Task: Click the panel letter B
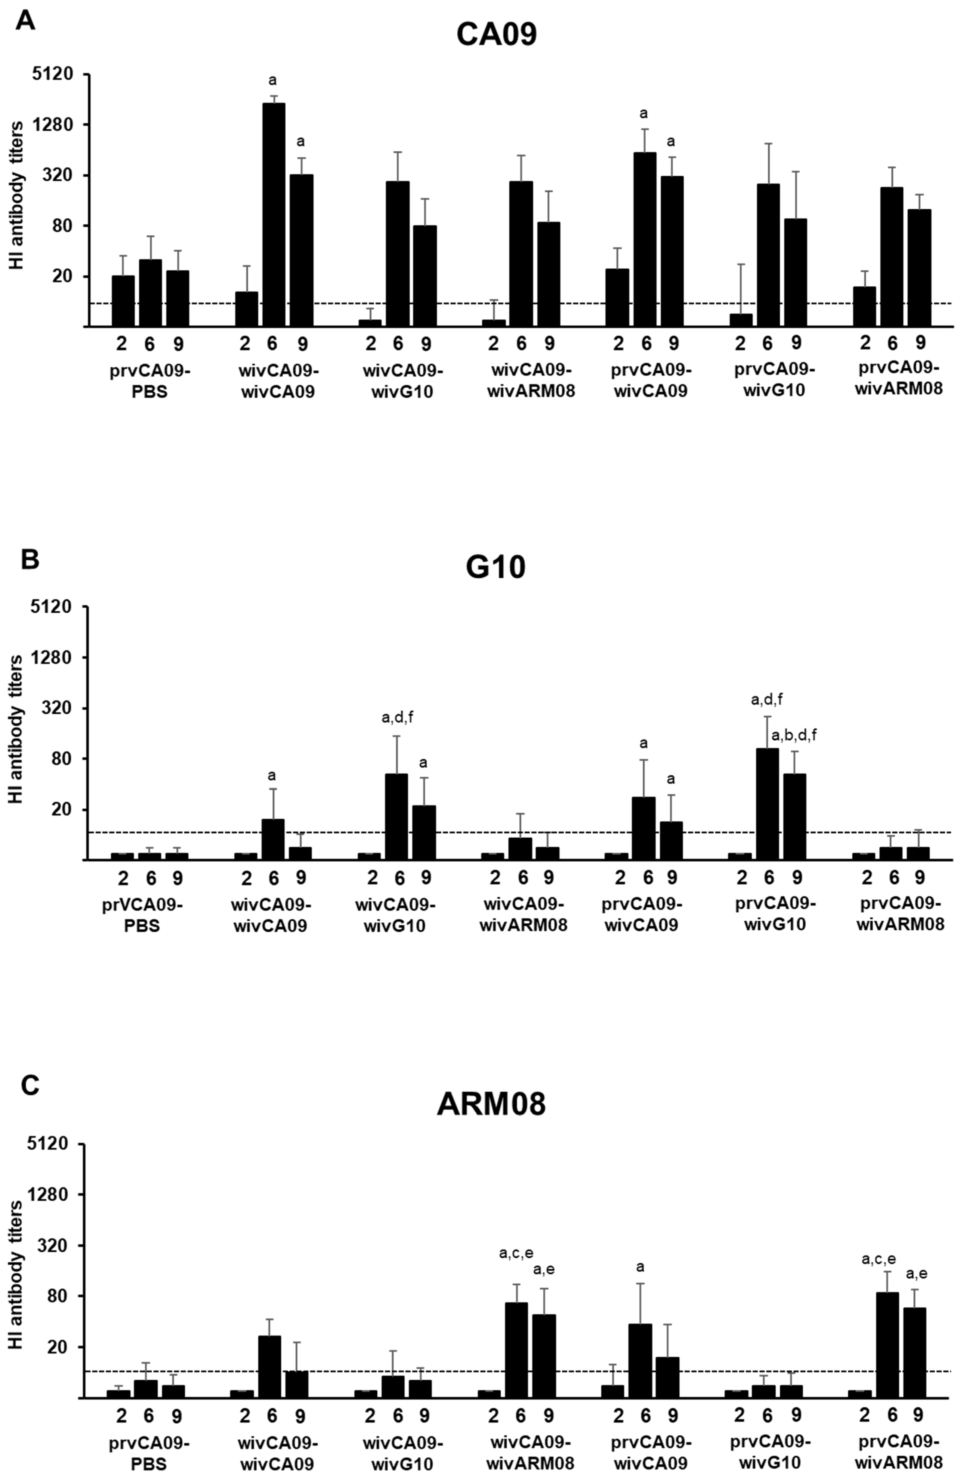(x=29, y=559)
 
